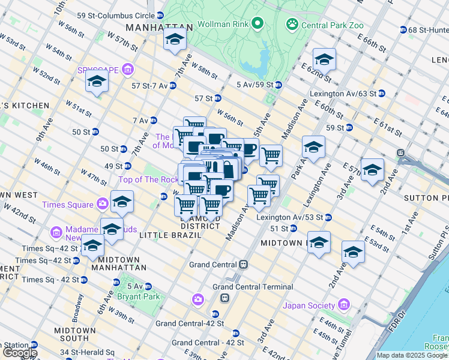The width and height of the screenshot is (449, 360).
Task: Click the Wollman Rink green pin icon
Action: point(258,24)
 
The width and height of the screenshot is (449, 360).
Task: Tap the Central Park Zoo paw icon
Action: point(292,25)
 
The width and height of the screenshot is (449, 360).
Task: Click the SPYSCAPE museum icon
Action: point(127,70)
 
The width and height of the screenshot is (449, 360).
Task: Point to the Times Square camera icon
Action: point(102,205)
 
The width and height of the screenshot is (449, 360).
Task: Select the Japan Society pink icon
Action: point(343,305)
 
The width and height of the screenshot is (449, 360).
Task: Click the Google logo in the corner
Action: point(20,353)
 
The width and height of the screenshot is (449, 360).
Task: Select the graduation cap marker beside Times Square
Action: point(122,203)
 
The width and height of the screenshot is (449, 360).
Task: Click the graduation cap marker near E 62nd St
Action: point(324,60)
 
